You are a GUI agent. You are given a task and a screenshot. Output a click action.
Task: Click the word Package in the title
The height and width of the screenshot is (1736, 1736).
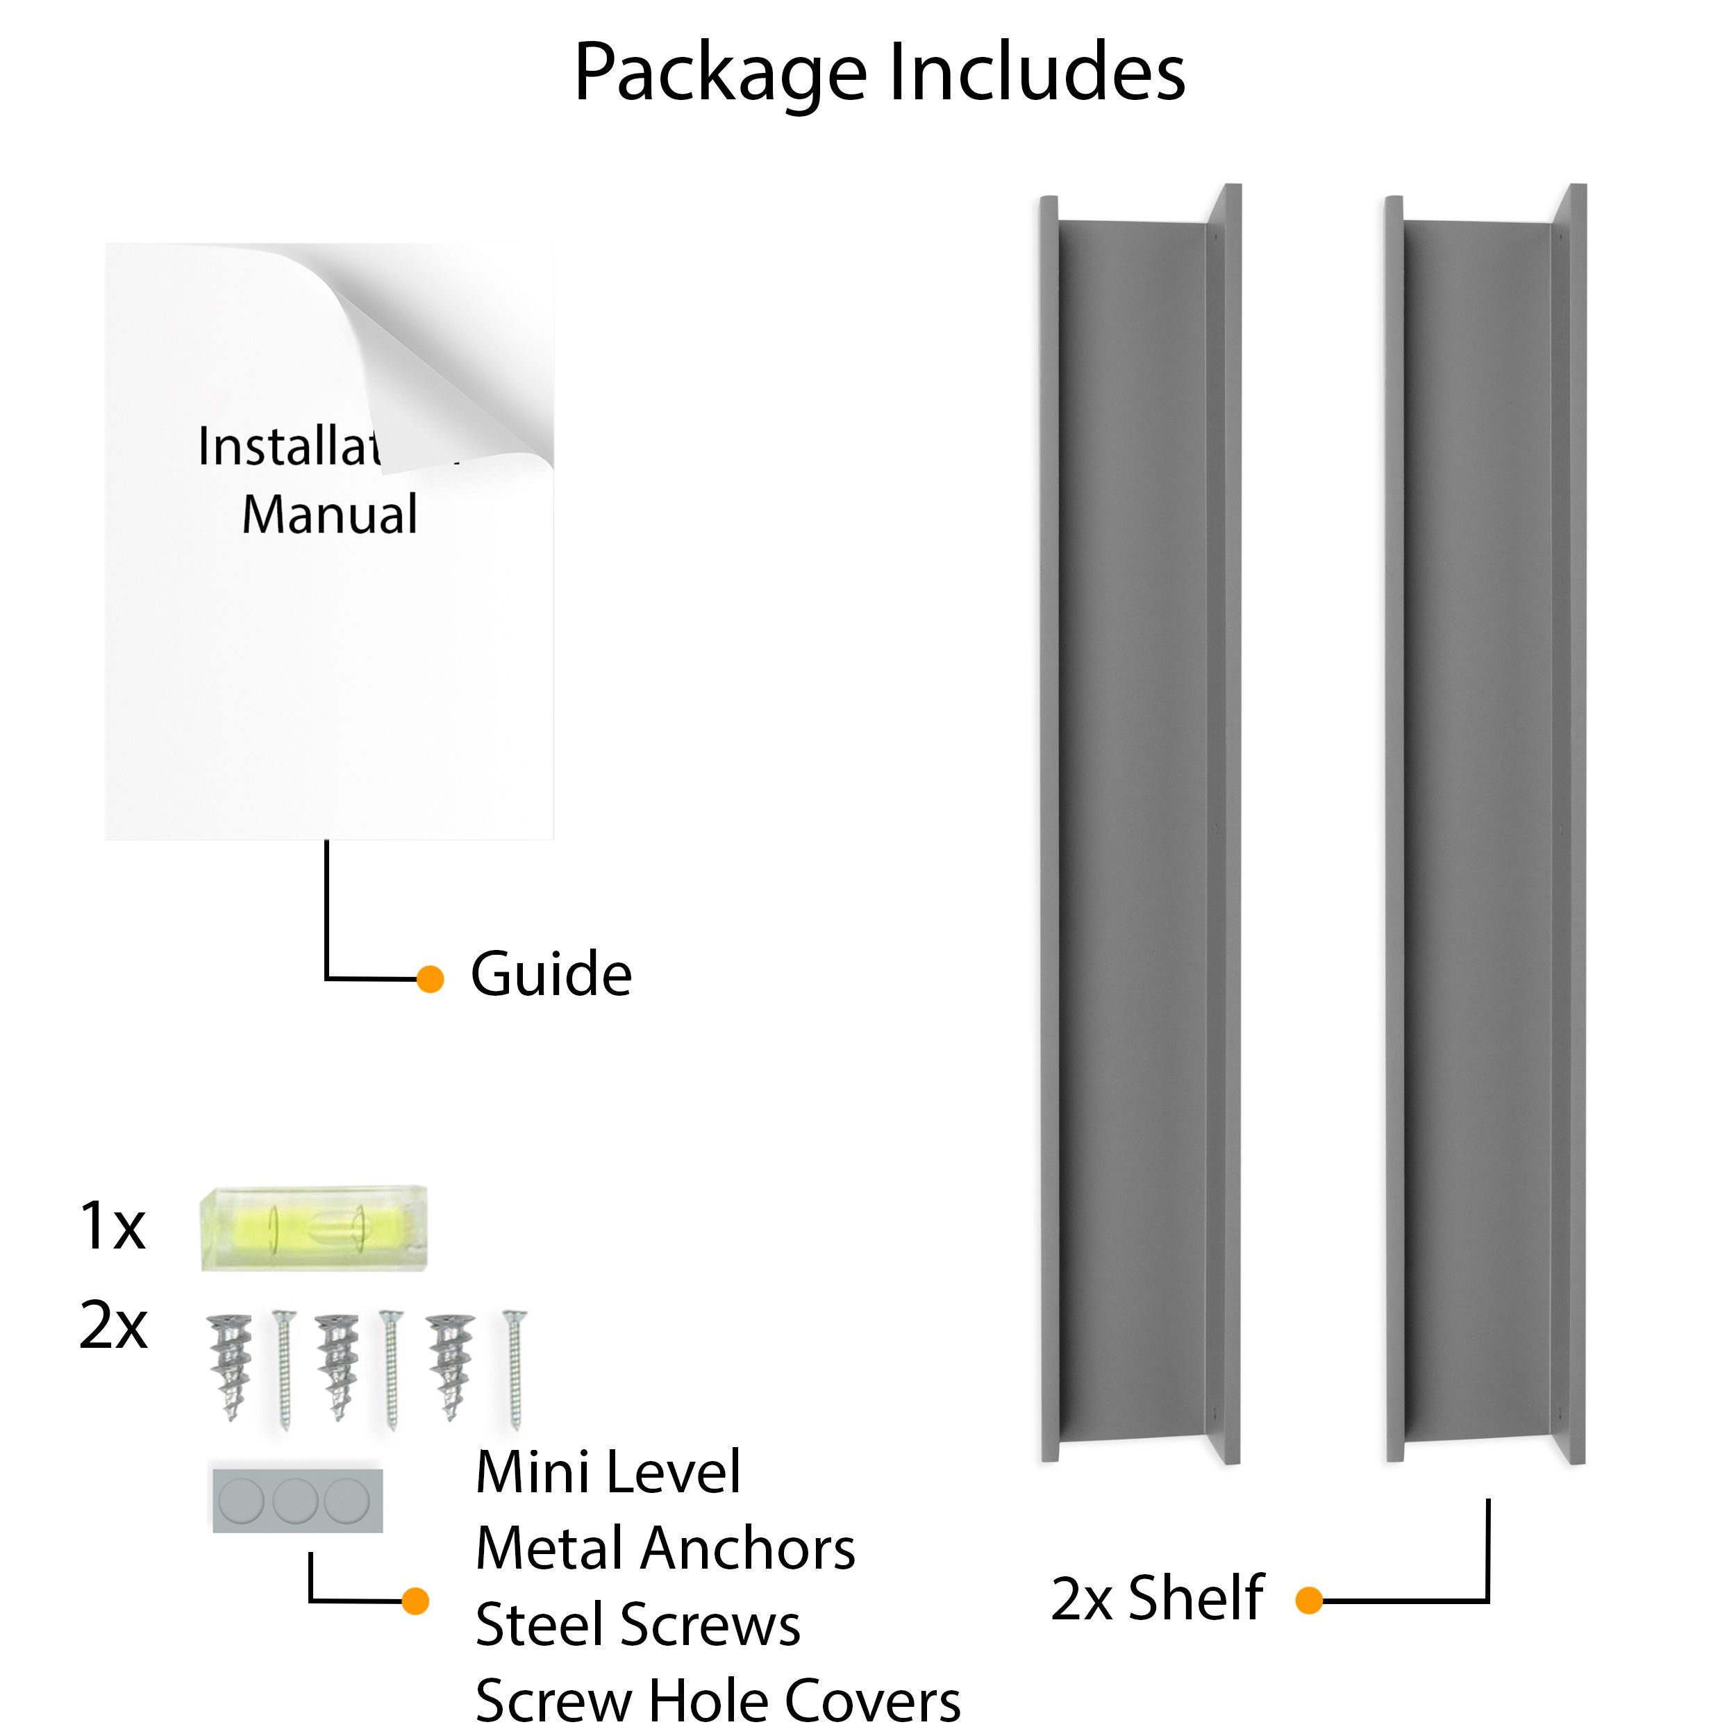tap(719, 74)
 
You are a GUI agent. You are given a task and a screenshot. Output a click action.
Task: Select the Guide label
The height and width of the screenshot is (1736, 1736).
tap(551, 975)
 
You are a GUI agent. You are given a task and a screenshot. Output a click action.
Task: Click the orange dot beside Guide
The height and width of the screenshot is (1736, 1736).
tap(431, 979)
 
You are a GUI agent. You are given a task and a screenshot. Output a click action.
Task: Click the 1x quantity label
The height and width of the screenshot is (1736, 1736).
tap(112, 1226)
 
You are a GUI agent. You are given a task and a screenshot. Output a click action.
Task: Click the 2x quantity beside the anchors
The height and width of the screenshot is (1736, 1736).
tap(113, 1326)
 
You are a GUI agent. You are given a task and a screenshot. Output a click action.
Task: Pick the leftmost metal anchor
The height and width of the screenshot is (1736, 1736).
tap(229, 1366)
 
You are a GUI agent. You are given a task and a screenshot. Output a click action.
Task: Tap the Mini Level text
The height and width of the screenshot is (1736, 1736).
tap(608, 1473)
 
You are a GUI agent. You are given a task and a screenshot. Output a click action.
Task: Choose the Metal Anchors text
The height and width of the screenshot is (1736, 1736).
tap(665, 1549)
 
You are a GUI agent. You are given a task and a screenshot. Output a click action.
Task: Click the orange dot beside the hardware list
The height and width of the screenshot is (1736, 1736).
tap(415, 1601)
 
